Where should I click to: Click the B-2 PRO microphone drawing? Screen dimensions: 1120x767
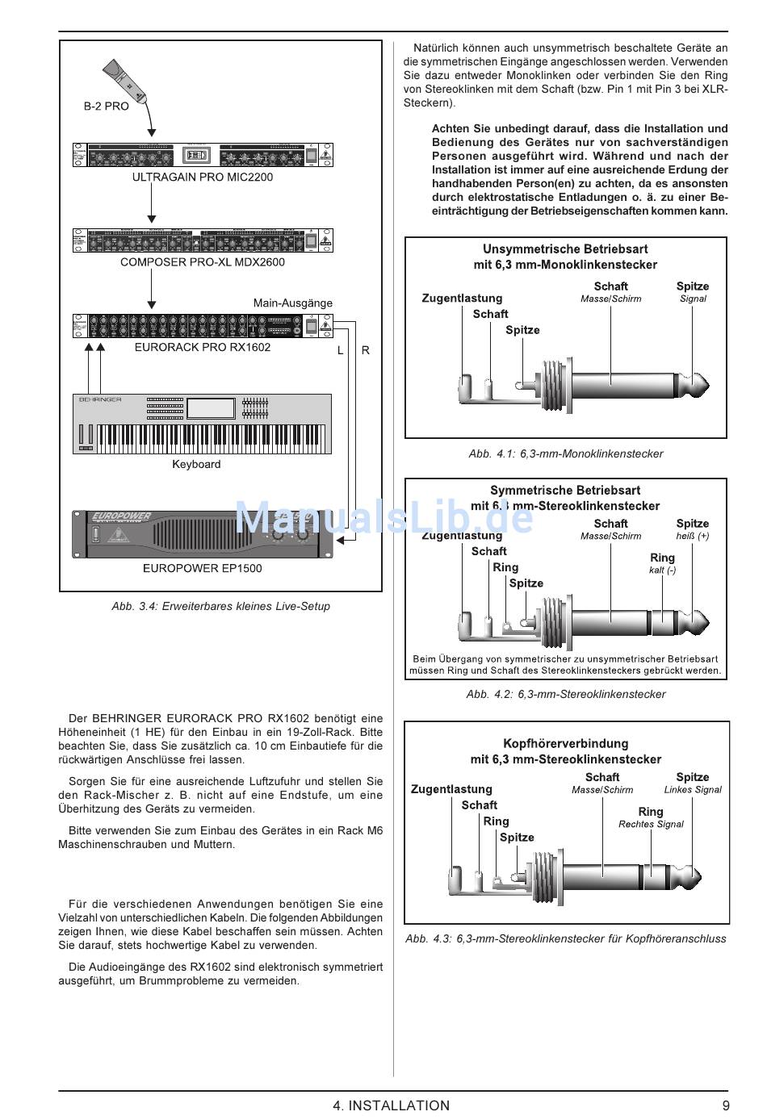click(x=126, y=81)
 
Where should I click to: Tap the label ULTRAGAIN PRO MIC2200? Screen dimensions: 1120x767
click(x=203, y=177)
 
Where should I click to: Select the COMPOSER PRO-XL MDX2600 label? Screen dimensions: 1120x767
click(x=203, y=261)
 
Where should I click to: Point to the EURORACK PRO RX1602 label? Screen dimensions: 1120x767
click(x=203, y=347)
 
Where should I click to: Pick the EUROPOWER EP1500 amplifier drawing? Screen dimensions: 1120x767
click(x=202, y=533)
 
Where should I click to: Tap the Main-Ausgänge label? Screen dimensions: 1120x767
click(x=292, y=303)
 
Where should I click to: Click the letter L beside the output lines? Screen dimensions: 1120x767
click(x=340, y=350)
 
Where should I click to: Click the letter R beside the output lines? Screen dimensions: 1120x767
click(x=366, y=350)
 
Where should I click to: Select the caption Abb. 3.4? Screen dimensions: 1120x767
click(x=220, y=606)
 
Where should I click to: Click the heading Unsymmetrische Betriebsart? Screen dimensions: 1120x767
click(x=565, y=249)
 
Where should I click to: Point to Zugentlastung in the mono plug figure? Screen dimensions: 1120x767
click(x=462, y=299)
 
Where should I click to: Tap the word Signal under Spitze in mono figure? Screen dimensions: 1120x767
click(x=693, y=299)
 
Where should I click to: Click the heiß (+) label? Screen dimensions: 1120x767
click(x=693, y=536)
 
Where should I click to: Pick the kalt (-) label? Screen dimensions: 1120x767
click(x=662, y=570)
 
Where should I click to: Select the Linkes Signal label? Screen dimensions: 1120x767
click(x=693, y=790)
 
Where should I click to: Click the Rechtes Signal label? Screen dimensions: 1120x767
click(x=651, y=824)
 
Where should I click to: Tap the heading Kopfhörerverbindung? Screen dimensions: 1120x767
click(x=565, y=743)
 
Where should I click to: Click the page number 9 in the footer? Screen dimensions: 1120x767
click(x=726, y=1105)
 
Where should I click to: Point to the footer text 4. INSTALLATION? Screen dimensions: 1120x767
click(x=391, y=1105)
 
